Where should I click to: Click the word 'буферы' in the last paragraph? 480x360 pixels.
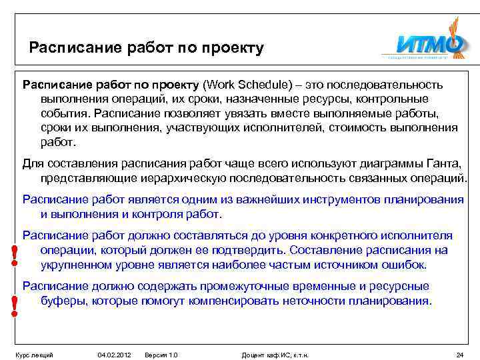tap(61, 300)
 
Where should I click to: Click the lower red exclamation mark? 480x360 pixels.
tap(13, 306)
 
